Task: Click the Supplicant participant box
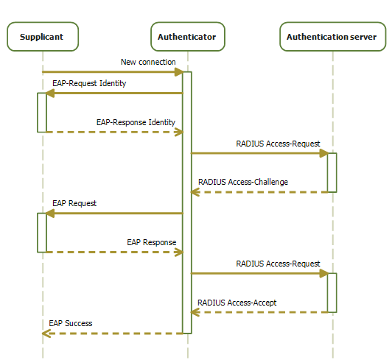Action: click(43, 37)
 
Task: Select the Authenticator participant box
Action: click(188, 37)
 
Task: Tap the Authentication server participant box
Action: click(333, 37)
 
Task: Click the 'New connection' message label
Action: click(148, 62)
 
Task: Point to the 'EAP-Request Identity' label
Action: click(89, 83)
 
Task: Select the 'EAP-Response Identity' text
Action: click(136, 122)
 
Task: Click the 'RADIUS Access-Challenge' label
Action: click(243, 182)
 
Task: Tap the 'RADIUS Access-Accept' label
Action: click(237, 303)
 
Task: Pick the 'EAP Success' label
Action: click(71, 323)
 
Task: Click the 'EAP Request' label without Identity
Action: click(74, 204)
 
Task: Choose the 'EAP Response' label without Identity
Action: click(152, 242)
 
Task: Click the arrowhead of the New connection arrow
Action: click(179, 72)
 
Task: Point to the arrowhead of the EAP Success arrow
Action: click(46, 333)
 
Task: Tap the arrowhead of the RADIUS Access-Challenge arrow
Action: click(195, 192)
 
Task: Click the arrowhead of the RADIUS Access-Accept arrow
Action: click(195, 312)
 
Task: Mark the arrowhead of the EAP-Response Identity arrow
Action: click(179, 132)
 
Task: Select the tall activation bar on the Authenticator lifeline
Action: click(187, 202)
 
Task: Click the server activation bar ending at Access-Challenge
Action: click(332, 172)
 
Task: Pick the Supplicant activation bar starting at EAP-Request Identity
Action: click(42, 113)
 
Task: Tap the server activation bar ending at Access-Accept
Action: click(332, 293)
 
